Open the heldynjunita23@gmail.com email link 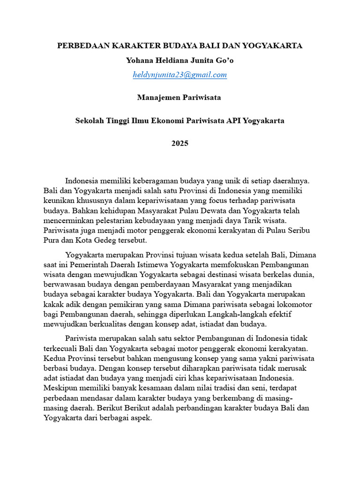(180, 75)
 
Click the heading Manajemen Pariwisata (180, 97)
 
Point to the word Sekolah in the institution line (89, 120)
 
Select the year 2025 (180, 143)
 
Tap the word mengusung (129, 358)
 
